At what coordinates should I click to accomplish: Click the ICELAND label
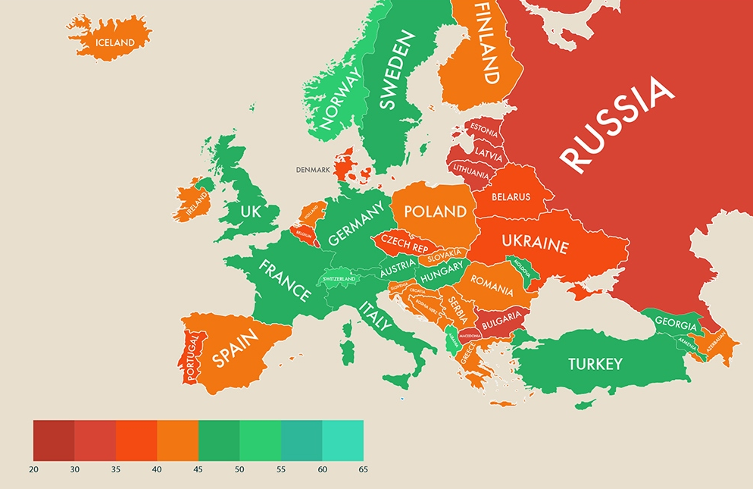114,42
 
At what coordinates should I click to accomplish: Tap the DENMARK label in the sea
313,170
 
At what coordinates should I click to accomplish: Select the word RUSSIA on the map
617,124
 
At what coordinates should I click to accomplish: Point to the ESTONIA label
483,130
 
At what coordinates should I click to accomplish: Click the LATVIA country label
488,154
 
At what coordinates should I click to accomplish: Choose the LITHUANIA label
470,174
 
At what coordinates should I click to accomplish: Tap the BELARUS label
511,197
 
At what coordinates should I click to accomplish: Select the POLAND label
435,211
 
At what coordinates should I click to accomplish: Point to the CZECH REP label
404,243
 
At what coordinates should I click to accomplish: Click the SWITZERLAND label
339,279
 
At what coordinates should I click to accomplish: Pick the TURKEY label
595,364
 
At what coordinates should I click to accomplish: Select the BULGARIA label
501,316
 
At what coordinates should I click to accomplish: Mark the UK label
250,211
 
